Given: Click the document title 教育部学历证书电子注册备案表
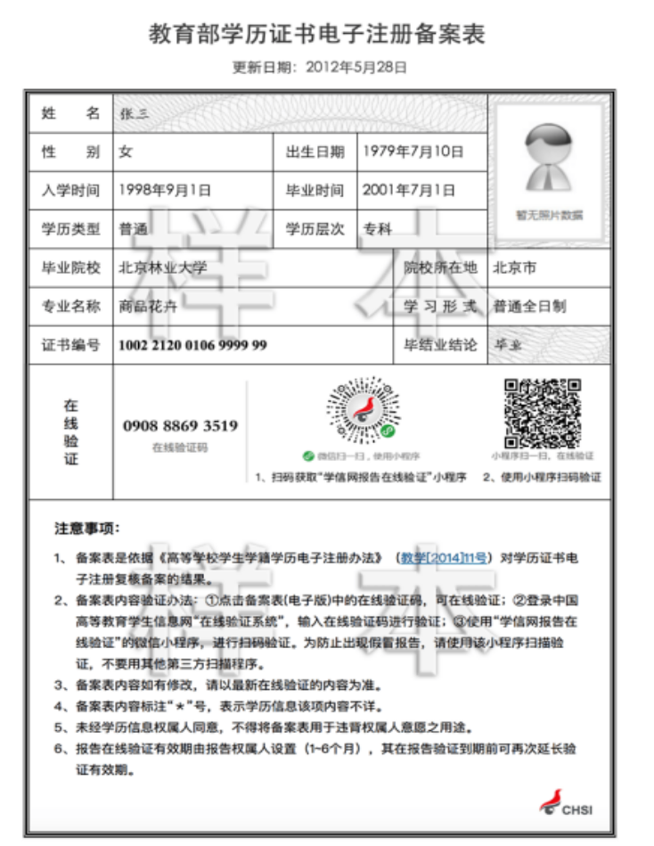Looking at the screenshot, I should (x=317, y=35).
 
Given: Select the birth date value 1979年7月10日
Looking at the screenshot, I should (x=413, y=152).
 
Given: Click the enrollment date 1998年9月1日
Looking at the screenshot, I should (x=165, y=190).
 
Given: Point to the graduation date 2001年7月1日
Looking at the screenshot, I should (x=408, y=190).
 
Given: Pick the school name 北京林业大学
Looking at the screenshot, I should (x=163, y=267).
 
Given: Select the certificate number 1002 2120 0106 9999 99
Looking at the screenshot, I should (x=192, y=345).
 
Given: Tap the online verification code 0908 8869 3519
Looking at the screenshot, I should (x=180, y=426).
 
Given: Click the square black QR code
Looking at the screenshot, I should (x=543, y=414).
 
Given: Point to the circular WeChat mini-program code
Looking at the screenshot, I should (x=360, y=410).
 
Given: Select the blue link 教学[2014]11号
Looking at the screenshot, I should (x=443, y=558).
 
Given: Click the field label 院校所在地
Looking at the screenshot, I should (x=440, y=267).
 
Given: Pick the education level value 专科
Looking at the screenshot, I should (x=377, y=228).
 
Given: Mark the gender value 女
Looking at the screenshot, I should (x=126, y=152).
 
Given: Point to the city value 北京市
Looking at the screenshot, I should (x=515, y=267).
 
